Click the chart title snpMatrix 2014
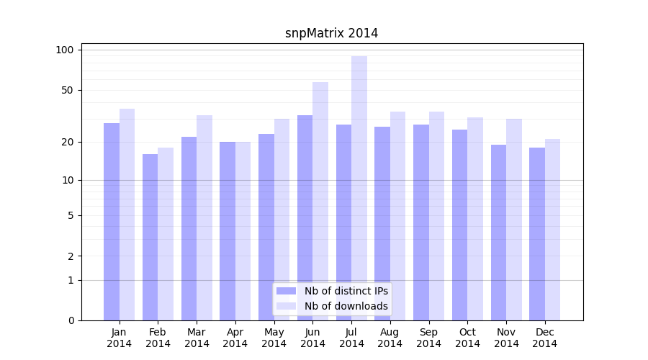coord(331,33)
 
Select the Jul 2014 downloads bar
coord(359,188)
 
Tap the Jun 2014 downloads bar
coord(320,201)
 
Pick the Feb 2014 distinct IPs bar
coord(150,237)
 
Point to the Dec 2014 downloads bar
coord(552,230)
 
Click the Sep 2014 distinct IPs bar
coord(421,222)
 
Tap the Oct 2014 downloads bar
coord(475,219)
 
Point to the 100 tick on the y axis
coord(65,50)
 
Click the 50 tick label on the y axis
coord(67,90)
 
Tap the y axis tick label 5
coord(71,215)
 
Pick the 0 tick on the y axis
coord(71,320)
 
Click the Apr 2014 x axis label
coord(235,338)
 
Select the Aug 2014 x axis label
coord(390,338)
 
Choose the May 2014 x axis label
coord(274,338)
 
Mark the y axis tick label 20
coord(67,142)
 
